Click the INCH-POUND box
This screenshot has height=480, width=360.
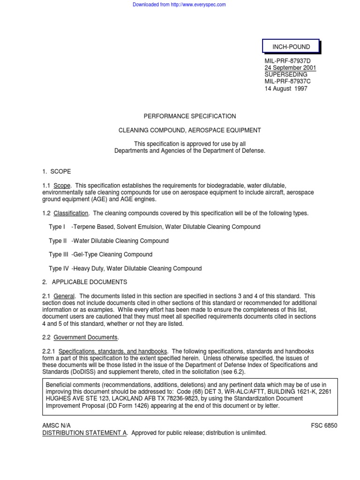pos(291,47)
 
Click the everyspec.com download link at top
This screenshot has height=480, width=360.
pos(180,5)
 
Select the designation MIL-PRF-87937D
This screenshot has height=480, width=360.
pos(287,61)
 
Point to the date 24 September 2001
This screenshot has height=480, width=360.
pos(291,68)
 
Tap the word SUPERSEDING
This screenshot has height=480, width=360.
pos(286,75)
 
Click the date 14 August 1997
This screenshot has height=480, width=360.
pos(286,89)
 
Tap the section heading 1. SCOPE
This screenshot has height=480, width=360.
pos(57,172)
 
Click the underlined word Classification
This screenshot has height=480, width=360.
pos(71,213)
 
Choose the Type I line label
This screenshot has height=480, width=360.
pos(57,227)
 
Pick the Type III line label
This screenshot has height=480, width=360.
pos(59,255)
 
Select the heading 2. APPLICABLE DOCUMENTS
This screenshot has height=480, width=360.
pos(85,282)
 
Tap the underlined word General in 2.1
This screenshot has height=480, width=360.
pos(64,296)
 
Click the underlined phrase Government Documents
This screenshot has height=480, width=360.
pos(86,337)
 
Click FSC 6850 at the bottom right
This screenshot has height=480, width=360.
pos(324,426)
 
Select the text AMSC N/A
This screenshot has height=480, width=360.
pos(57,426)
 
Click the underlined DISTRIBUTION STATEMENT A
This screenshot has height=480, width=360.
pos(85,433)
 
